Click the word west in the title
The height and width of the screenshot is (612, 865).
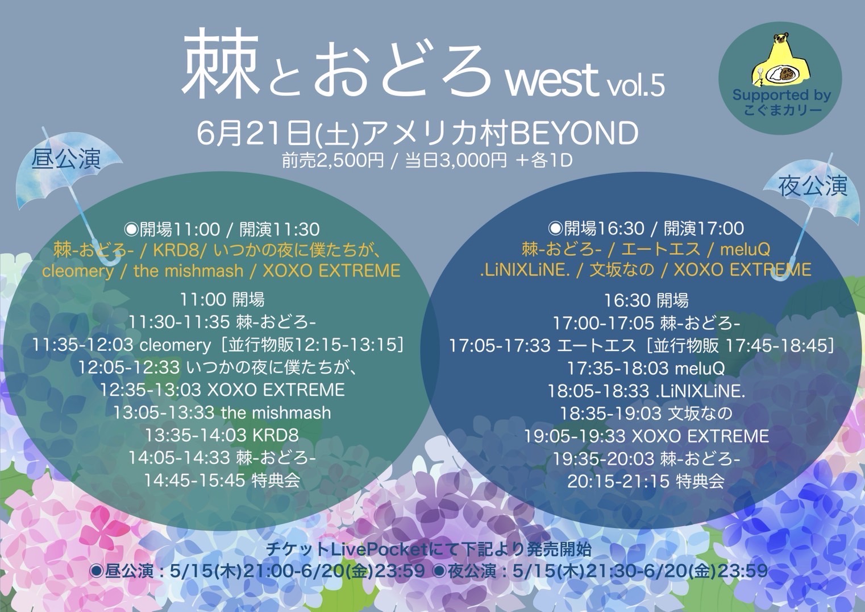click(x=552, y=80)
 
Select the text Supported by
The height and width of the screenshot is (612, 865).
click(x=781, y=95)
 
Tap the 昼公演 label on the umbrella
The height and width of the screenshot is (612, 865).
click(x=66, y=159)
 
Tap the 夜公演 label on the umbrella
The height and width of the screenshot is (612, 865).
click(x=813, y=186)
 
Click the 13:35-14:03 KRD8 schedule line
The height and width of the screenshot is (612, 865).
click(x=222, y=436)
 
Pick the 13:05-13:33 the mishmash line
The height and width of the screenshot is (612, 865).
click(x=222, y=412)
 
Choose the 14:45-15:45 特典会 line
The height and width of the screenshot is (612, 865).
click(x=222, y=480)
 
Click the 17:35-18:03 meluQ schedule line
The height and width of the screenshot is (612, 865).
click(x=646, y=368)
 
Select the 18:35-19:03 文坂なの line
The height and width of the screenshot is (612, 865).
click(x=646, y=413)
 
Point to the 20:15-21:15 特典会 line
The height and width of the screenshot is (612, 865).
click(x=646, y=481)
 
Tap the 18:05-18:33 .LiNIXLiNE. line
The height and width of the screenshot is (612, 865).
click(x=646, y=391)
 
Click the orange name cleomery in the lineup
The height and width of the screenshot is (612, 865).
click(x=78, y=271)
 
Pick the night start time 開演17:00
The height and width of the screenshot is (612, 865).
click(x=704, y=229)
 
